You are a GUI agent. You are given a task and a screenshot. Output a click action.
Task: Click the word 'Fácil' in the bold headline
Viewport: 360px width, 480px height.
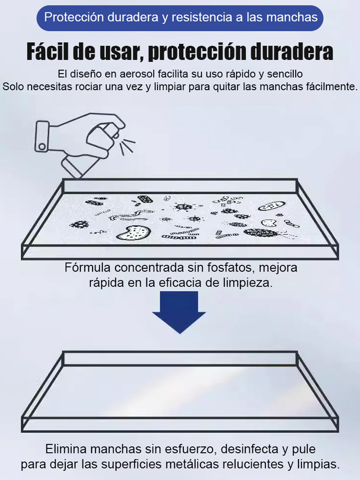pos(48,52)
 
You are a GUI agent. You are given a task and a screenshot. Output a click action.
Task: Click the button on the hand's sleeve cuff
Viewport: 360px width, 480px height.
pos(42,146)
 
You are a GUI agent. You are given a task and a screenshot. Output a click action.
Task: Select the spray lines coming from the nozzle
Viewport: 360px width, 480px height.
pos(127,145)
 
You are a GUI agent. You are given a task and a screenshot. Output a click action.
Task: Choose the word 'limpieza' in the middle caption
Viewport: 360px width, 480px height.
pos(251,282)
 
